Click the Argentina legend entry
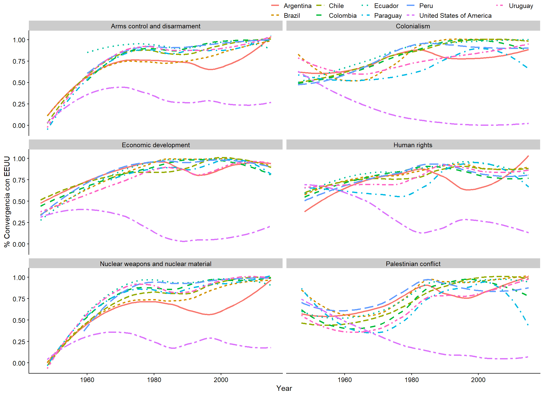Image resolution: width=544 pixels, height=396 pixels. pyautogui.click(x=297, y=6)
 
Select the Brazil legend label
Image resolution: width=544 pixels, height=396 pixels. pyautogui.click(x=292, y=15)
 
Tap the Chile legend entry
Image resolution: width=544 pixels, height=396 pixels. pyautogui.click(x=336, y=6)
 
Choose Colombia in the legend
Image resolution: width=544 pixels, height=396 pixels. pyautogui.click(x=343, y=15)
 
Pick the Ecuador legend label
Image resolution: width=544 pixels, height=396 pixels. pyautogui.click(x=386, y=6)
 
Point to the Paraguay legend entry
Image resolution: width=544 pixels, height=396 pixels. pyautogui.click(x=388, y=15)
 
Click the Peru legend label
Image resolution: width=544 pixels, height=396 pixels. pyautogui.click(x=426, y=6)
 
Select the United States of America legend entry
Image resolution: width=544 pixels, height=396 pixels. pyautogui.click(x=455, y=15)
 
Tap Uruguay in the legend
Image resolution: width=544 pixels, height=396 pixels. pyautogui.click(x=521, y=6)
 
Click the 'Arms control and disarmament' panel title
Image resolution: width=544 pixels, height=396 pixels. pyautogui.click(x=156, y=26)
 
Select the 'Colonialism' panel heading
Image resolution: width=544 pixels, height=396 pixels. pyautogui.click(x=413, y=26)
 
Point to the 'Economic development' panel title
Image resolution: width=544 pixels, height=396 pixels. pyautogui.click(x=156, y=145)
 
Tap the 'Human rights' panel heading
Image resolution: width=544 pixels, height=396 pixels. pyautogui.click(x=413, y=145)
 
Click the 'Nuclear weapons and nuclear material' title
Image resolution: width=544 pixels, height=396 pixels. pyautogui.click(x=156, y=264)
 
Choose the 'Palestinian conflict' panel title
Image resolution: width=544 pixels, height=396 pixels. pyautogui.click(x=413, y=264)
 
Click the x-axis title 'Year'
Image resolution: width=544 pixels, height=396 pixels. pyautogui.click(x=284, y=388)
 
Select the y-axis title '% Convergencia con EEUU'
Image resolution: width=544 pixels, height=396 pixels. pyautogui.click(x=7, y=202)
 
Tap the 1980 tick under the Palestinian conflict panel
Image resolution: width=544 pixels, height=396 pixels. pyautogui.click(x=412, y=380)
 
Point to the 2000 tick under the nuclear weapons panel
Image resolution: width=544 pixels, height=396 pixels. pyautogui.click(x=221, y=380)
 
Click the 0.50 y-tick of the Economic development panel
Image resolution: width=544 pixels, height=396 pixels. pyautogui.click(x=19, y=201)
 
